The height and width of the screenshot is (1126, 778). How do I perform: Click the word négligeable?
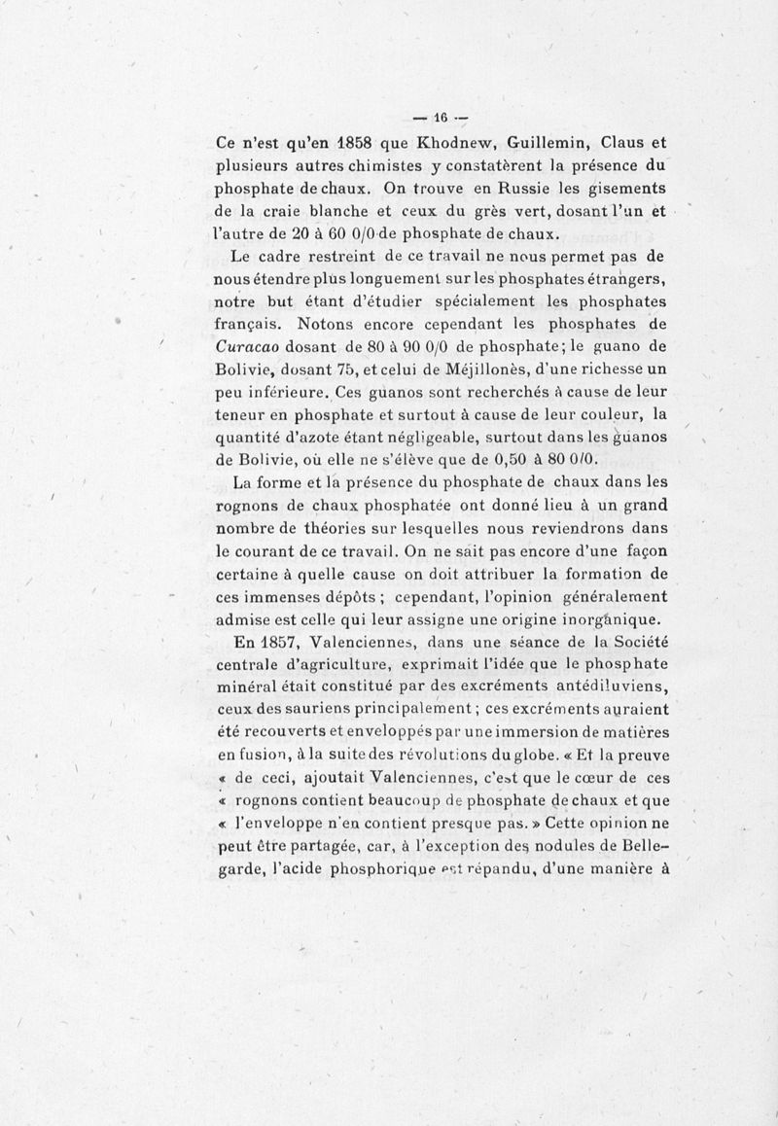[393, 439]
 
